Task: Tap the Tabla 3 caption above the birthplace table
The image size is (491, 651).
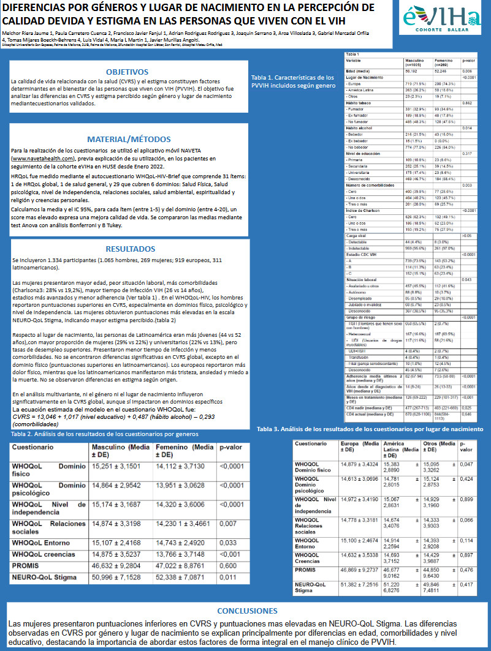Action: click(x=370, y=429)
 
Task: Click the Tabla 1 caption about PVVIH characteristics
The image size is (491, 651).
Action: click(x=293, y=82)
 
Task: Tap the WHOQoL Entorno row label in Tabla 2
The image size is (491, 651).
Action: click(x=37, y=542)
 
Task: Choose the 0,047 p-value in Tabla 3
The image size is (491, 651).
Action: click(x=466, y=465)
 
